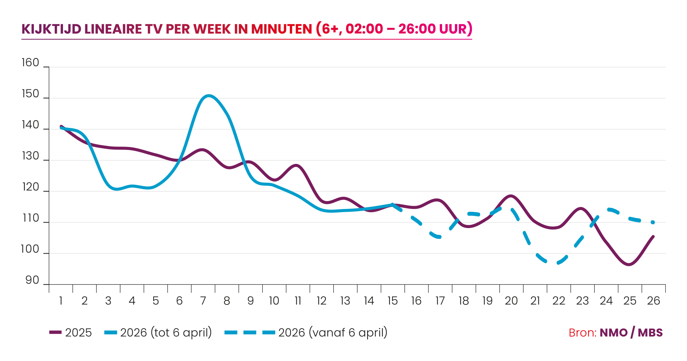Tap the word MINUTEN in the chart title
coord(281,29)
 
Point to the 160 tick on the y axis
coord(30,63)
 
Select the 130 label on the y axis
coord(30,156)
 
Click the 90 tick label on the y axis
coord(32,280)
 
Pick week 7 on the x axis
coord(203,301)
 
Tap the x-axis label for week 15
coord(392,301)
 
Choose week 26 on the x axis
coord(654,301)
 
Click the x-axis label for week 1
coord(61,301)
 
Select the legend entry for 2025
coord(70,332)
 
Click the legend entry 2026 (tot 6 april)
coord(158,332)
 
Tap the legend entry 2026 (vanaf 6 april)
coord(306,332)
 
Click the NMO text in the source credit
coord(614,333)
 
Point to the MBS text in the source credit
coord(650,333)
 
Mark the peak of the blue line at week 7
coord(209,95)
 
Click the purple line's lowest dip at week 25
coord(628,265)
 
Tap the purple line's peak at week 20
coord(510,196)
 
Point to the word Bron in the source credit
coord(583,333)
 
